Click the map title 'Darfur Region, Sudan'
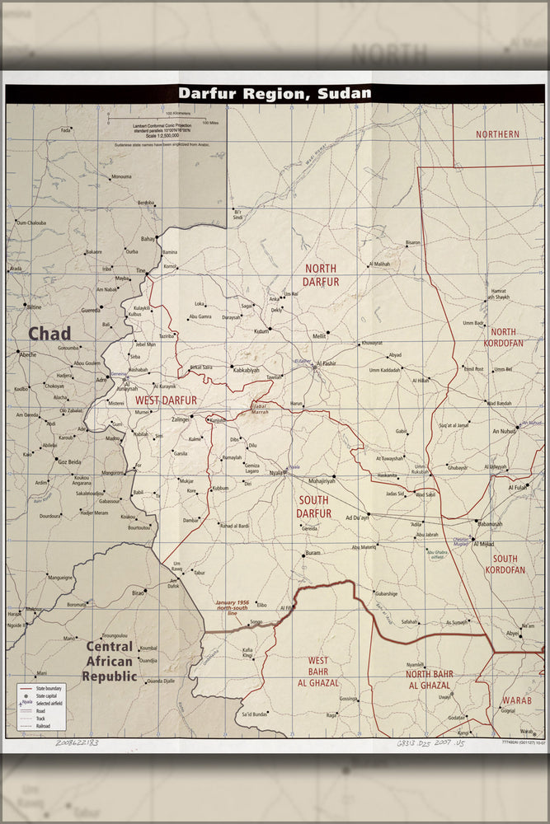click(x=275, y=93)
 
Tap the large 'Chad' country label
click(x=49, y=334)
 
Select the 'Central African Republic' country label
click(x=109, y=662)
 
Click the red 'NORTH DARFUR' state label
click(x=322, y=275)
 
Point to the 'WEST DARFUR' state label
click(x=166, y=400)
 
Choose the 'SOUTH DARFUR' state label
click(x=313, y=507)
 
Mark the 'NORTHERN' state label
click(x=497, y=133)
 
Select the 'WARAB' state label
click(x=516, y=700)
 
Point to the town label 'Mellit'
click(x=319, y=337)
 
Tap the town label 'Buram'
click(x=313, y=553)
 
